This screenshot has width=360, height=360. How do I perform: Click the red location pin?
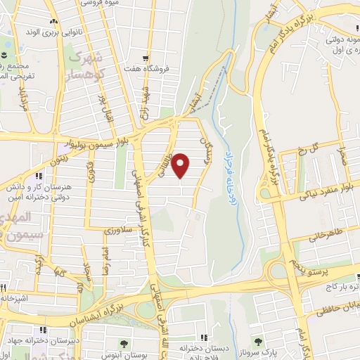coord(181,165)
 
